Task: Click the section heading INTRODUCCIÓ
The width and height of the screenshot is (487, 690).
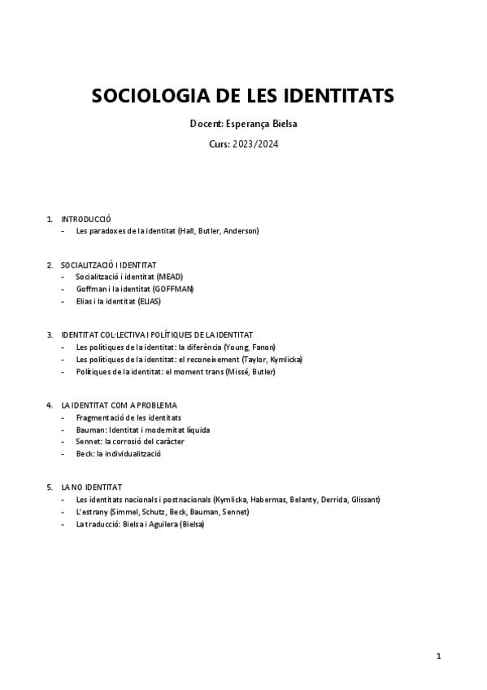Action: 86,220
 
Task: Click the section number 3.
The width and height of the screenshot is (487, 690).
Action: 50,335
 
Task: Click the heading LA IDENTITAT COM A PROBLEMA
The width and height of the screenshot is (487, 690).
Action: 119,405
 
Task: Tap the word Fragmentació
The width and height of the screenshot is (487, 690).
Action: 100,417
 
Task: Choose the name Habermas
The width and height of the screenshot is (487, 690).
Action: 270,499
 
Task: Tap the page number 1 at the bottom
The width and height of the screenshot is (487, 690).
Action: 438,656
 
